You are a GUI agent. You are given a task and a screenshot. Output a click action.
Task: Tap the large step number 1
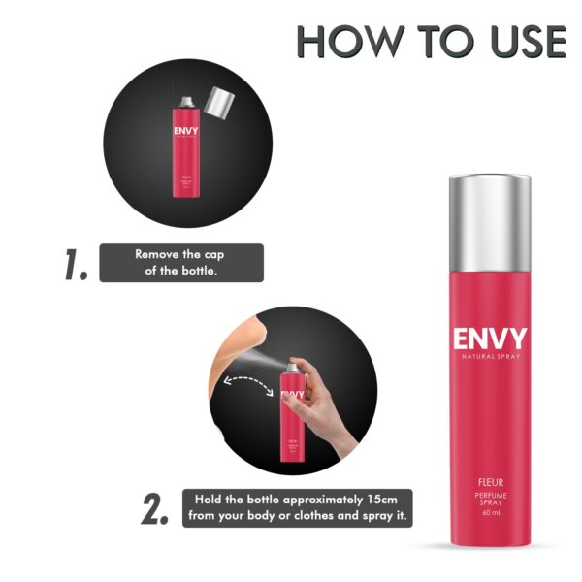(x=78, y=264)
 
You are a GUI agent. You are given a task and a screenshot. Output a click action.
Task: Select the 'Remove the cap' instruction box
(x=181, y=263)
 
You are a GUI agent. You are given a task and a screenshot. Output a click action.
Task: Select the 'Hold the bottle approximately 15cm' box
(x=298, y=508)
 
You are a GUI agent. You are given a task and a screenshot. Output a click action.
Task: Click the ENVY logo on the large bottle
(x=489, y=340)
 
